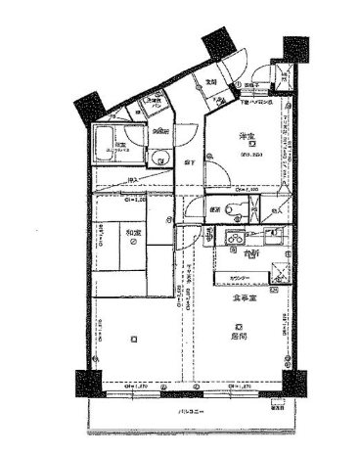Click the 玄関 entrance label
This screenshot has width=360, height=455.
pos(210,81)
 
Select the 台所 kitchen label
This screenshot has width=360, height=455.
pos(251,256)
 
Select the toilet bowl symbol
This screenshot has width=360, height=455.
pos(229,206)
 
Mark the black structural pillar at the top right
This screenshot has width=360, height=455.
pos(293,47)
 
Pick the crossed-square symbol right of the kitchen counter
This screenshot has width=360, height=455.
pos(277,275)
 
